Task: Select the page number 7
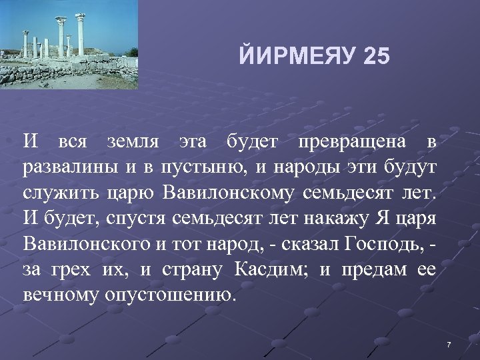[449, 345]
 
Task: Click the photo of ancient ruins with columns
[69, 45]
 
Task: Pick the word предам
[375, 270]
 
